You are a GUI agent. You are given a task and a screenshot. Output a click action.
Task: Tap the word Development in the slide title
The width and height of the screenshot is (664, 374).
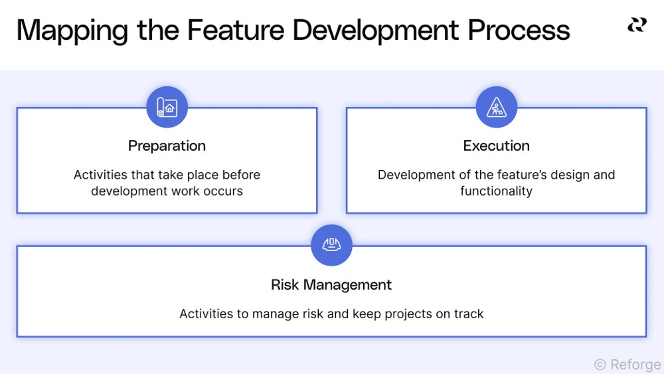point(375,31)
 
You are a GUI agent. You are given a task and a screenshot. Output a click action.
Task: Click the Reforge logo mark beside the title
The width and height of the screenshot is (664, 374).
point(637,25)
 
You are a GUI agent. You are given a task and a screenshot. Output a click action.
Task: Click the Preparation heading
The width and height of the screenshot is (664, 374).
point(167,145)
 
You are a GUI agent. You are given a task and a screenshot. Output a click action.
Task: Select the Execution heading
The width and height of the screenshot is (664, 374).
point(496,145)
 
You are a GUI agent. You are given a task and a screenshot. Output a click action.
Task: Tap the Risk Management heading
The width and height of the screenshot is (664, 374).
point(331,285)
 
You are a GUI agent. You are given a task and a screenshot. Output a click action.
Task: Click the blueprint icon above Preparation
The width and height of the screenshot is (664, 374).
point(167,107)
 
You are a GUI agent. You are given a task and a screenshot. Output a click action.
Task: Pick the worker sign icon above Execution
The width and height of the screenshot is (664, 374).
point(496,107)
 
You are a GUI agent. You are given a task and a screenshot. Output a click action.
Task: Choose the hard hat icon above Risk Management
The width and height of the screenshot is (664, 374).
point(331,245)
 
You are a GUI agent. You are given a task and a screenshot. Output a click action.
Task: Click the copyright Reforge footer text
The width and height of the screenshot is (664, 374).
point(627,365)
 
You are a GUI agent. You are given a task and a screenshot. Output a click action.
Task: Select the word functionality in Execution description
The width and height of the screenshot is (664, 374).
point(496,191)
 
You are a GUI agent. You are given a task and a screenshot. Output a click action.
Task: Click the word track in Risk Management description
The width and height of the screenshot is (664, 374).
point(468,314)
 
